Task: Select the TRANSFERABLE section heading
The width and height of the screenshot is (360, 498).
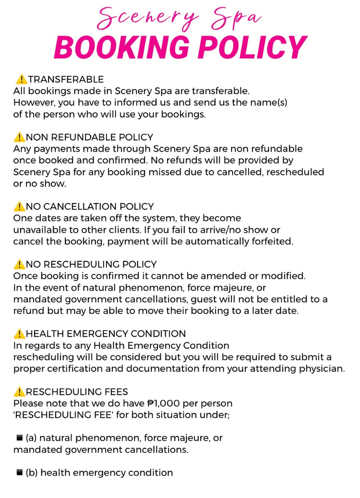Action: point(66,79)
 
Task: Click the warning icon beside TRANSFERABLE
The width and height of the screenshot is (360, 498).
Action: point(21,79)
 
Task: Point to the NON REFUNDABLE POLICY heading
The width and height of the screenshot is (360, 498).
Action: point(89,137)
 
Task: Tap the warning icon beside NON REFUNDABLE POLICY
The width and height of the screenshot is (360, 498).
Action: point(19,137)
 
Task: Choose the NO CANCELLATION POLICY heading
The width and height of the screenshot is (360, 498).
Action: point(90,207)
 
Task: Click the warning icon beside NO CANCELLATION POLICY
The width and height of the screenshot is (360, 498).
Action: point(19,207)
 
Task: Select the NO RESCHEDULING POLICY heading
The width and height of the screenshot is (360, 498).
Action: point(91,264)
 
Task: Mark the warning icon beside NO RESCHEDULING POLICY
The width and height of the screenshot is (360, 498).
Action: point(19,264)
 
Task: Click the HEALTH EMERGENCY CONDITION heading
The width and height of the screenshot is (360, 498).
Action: point(106,334)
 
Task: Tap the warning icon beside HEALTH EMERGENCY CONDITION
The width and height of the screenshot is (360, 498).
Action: point(19,334)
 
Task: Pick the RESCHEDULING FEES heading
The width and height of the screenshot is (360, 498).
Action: point(77,392)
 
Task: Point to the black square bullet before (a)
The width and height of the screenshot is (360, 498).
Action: point(20,438)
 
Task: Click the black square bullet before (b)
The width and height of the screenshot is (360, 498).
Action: point(20,472)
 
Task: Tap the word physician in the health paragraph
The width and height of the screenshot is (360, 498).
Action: point(323,368)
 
